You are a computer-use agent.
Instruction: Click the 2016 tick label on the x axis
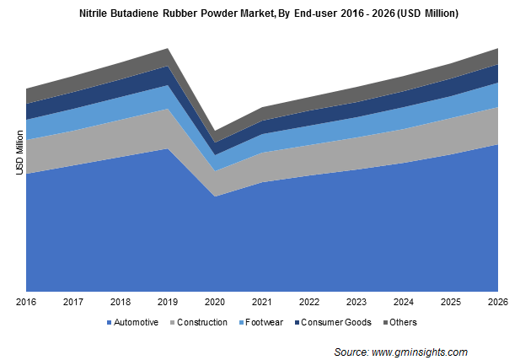(26, 301)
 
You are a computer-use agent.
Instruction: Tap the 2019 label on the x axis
(168, 301)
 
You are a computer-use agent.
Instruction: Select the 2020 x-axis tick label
(215, 301)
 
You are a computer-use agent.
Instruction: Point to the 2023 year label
(356, 301)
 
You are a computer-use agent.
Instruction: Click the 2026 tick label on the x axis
(498, 301)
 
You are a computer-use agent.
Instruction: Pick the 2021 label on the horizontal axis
(262, 301)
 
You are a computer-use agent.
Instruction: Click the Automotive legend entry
(136, 322)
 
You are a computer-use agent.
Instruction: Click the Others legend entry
(402, 322)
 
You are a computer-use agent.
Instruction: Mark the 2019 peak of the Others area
(168, 50)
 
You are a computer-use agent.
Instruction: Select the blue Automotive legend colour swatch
(109, 322)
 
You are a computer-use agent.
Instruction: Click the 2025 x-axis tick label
(451, 301)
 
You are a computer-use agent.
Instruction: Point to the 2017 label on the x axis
(73, 301)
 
